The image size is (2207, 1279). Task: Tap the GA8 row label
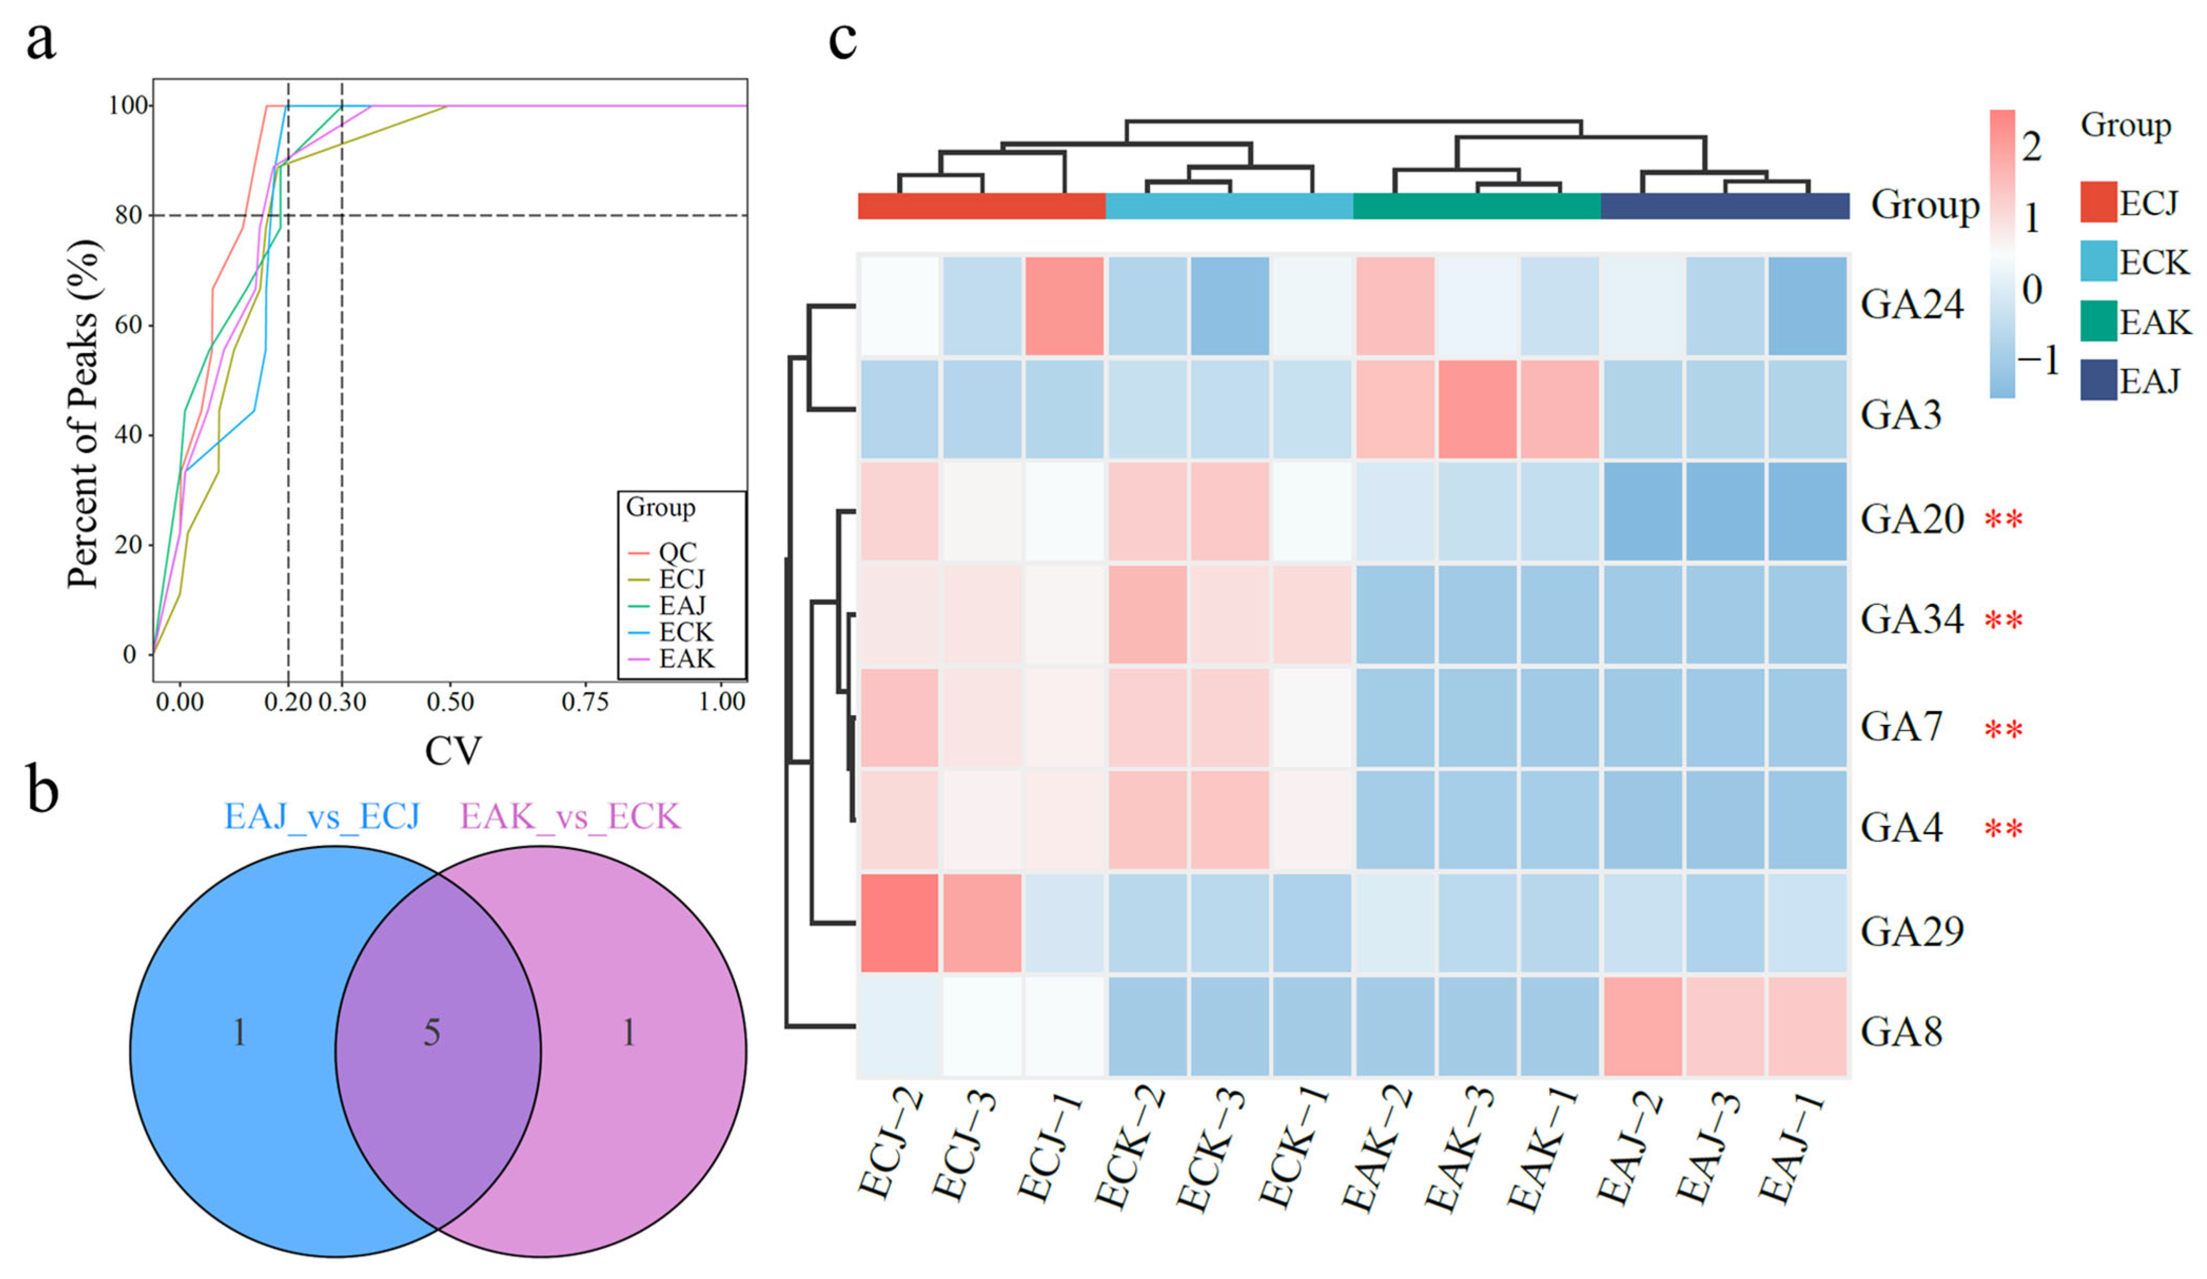tap(1900, 1031)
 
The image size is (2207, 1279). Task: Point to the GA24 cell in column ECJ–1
tap(1064, 305)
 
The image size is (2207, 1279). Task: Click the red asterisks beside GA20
tap(2004, 520)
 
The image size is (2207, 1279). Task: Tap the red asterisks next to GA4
tap(2004, 828)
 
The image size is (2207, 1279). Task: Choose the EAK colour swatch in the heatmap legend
tap(2098, 321)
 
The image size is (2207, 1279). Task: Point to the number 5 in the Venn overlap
tap(432, 1034)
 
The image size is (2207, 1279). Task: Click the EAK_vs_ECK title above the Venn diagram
tap(570, 817)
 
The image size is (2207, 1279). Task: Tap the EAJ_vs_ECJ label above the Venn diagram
tap(322, 817)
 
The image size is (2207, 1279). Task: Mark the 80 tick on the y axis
tap(129, 215)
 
